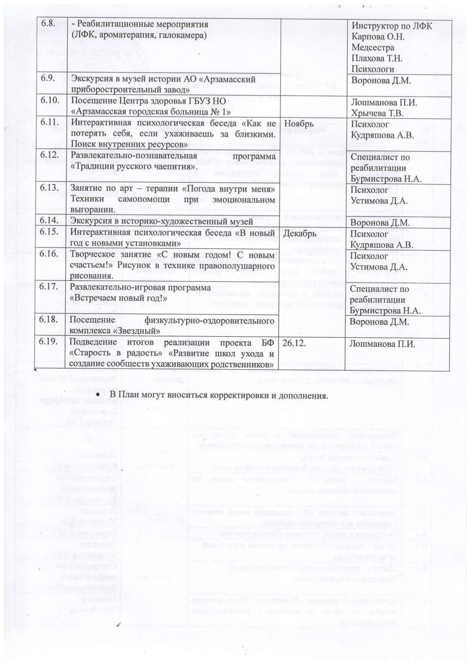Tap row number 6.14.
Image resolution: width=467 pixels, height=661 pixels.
pyautogui.click(x=49, y=220)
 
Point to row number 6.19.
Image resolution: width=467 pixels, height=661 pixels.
pyautogui.click(x=49, y=341)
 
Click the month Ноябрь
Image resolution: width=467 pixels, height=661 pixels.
pyautogui.click(x=299, y=124)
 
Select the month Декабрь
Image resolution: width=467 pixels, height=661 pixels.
pyautogui.click(x=299, y=234)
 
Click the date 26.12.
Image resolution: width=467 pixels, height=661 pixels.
pyautogui.click(x=293, y=343)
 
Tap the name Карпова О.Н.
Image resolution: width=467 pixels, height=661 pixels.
pyautogui.click(x=378, y=37)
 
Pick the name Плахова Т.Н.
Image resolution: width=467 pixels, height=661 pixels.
pyautogui.click(x=377, y=58)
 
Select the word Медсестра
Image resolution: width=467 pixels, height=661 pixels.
pyautogui.click(x=373, y=47)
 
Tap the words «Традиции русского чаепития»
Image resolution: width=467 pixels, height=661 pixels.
pyautogui.click(x=133, y=166)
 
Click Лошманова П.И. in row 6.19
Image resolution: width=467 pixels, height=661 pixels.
pyautogui.click(x=382, y=343)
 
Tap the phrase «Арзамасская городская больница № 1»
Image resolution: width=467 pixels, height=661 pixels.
pyautogui.click(x=151, y=112)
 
